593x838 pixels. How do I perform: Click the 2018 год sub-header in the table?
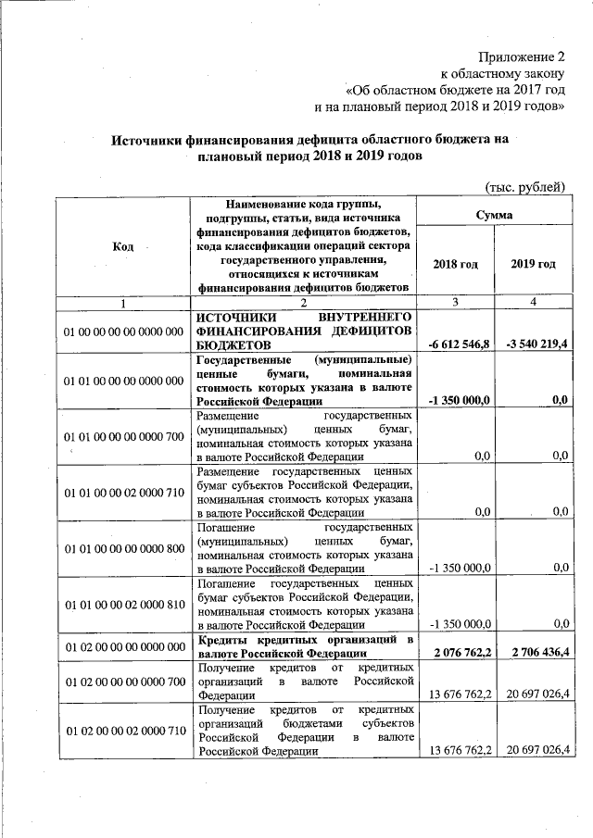coord(456,264)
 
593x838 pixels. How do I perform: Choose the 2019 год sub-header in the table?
coord(534,264)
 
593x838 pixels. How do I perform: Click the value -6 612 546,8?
coord(459,344)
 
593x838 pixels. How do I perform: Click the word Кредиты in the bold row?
coord(224,639)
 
